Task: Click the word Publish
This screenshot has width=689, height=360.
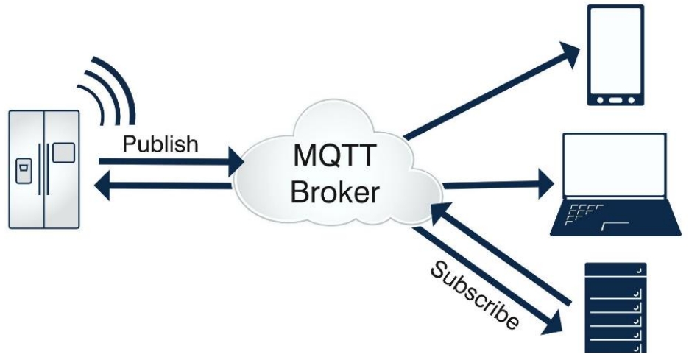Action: click(x=160, y=143)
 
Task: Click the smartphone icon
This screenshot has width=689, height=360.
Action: click(x=614, y=56)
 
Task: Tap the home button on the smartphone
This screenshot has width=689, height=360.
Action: click(x=614, y=97)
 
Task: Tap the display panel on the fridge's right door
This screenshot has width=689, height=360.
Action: click(x=63, y=152)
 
